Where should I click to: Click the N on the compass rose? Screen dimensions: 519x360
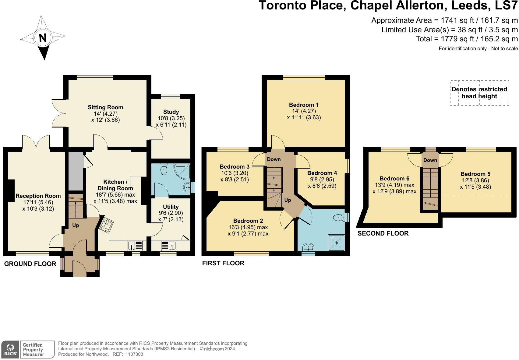click(43, 37)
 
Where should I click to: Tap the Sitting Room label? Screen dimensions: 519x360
click(105, 107)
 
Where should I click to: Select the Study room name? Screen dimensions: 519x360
click(171, 112)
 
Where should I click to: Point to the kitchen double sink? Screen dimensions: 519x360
click(135, 246)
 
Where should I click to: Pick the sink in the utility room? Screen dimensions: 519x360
click(169, 246)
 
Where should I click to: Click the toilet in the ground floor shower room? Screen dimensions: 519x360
click(164, 169)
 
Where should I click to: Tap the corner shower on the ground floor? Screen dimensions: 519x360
click(182, 171)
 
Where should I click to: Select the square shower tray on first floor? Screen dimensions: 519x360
click(337, 243)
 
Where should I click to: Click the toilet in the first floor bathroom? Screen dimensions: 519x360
click(339, 217)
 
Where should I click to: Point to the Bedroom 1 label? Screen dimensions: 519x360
click(304, 105)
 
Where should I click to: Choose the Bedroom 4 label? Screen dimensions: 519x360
click(322, 173)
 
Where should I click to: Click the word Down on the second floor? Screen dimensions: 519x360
click(430, 160)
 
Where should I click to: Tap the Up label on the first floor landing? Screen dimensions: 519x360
click(288, 200)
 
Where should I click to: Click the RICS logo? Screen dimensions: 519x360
click(10, 350)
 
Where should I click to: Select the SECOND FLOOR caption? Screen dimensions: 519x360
click(383, 233)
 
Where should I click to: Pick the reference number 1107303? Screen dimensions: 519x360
click(134, 354)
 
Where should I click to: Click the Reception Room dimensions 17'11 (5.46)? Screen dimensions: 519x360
click(38, 202)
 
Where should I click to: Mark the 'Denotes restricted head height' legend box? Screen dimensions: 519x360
click(479, 93)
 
